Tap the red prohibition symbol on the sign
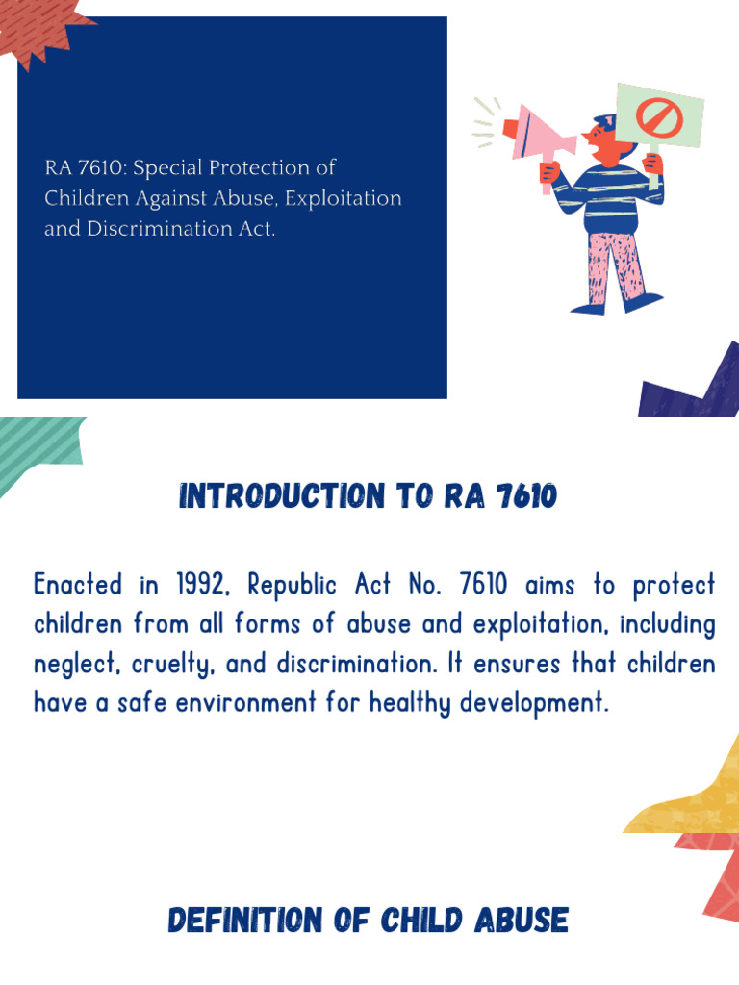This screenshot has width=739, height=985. point(659,117)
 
